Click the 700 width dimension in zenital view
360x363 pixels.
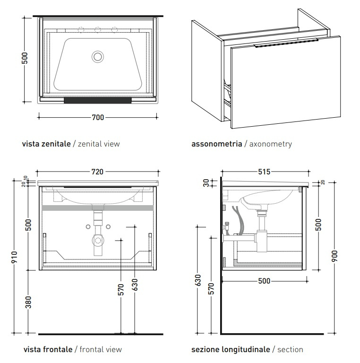97,118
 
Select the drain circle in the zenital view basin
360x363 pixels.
98,57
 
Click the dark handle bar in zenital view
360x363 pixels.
97,100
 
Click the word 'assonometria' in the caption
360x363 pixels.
216,144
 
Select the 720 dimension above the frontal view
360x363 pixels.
97,172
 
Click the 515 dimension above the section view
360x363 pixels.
264,172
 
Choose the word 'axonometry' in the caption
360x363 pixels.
270,144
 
